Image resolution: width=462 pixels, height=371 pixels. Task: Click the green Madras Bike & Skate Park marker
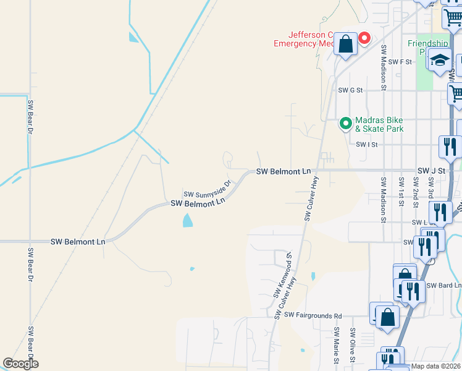click(x=345, y=124)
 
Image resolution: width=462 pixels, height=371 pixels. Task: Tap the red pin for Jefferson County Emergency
click(x=364, y=39)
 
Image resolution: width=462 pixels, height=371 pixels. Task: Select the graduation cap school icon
click(x=440, y=61)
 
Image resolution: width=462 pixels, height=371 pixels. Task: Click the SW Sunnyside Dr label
click(x=207, y=189)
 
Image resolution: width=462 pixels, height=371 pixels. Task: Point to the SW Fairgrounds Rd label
click(x=313, y=315)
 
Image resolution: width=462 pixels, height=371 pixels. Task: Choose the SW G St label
click(x=350, y=90)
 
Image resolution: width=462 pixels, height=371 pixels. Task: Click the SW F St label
click(x=400, y=62)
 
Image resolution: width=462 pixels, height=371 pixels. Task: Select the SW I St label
click(x=366, y=144)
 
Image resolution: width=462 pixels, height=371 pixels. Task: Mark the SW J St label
click(x=431, y=170)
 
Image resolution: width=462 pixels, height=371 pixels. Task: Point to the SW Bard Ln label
click(x=449, y=285)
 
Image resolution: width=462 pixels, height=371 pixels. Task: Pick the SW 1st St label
click(x=401, y=191)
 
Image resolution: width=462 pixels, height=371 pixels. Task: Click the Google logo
click(x=20, y=364)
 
